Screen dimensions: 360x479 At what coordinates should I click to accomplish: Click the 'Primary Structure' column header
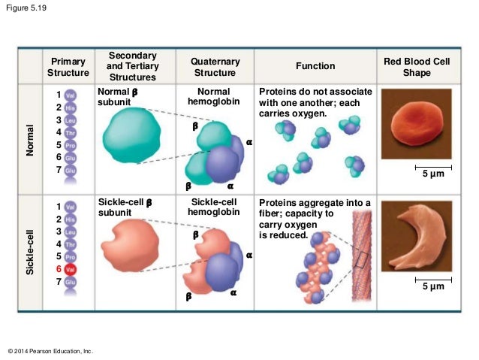tap(68, 67)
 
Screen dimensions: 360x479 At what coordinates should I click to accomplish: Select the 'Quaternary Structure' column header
tap(215, 67)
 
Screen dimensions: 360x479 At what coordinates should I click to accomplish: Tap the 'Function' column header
tap(315, 67)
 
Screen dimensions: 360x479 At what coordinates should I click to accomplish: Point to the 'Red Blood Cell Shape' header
tap(417, 67)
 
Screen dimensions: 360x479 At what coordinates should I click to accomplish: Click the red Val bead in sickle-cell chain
tap(71, 268)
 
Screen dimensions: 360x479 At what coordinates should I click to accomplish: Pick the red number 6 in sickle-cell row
tap(58, 268)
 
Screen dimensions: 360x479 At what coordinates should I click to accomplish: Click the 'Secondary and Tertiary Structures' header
tap(133, 67)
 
